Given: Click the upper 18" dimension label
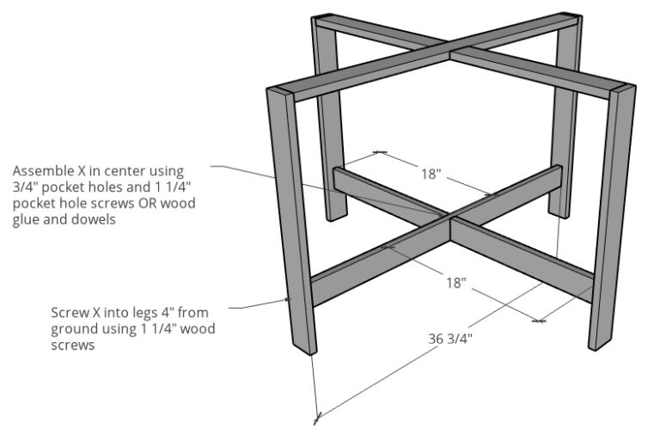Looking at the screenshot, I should pos(431,175).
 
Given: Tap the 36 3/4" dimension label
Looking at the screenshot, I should pos(450,338).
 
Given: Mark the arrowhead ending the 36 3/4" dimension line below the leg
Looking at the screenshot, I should pos(317,420).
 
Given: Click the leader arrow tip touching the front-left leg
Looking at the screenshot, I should pos(288,301).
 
